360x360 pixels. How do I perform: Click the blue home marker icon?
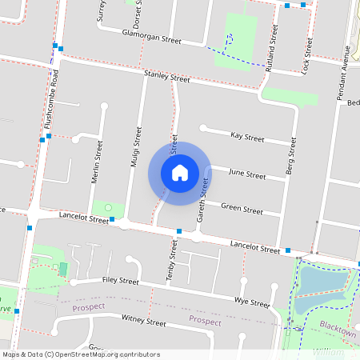point(180,172)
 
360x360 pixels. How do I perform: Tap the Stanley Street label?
point(166,77)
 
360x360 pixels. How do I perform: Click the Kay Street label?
point(246,138)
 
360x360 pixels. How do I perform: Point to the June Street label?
point(246,174)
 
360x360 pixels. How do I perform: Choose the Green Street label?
point(242,210)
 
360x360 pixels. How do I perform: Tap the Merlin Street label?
point(98,162)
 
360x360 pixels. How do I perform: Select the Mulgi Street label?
point(136,146)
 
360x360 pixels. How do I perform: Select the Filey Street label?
point(120,281)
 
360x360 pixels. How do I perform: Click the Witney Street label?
point(143,322)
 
